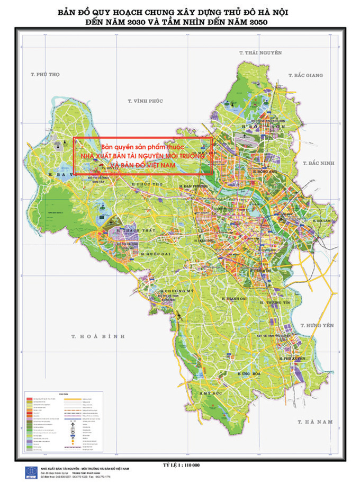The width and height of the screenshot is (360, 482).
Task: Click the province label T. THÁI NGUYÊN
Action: (x=260, y=52)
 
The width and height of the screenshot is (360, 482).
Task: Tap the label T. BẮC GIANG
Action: (x=305, y=76)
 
